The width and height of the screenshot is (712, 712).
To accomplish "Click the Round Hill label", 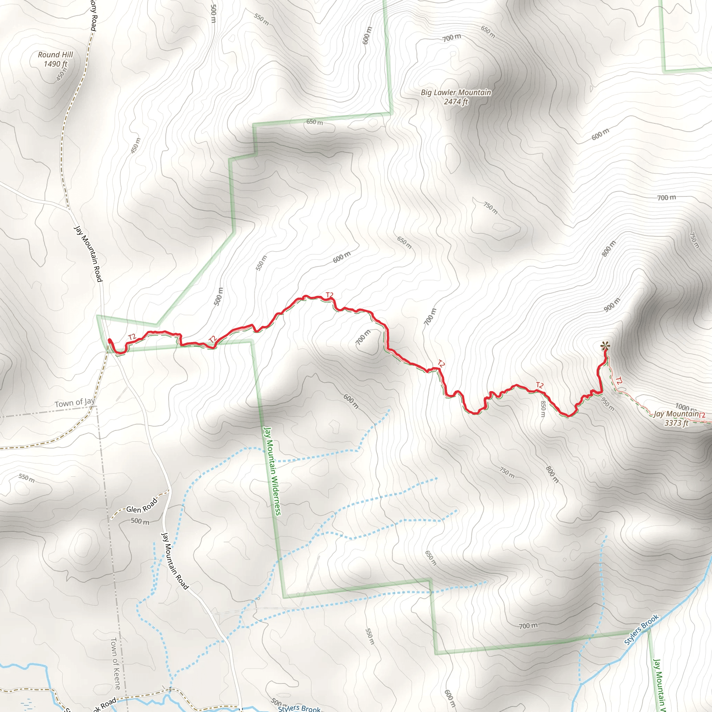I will coord(56,55).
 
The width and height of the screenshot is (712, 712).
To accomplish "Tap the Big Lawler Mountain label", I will coord(456,92).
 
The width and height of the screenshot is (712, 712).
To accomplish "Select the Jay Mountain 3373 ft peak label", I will coord(676,418).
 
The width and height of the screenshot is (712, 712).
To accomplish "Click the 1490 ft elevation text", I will coord(56,64).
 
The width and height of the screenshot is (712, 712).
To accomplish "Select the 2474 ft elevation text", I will coord(456,102).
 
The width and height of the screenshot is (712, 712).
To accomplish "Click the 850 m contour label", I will coord(542,409).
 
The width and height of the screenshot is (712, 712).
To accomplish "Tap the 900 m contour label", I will coord(612,305).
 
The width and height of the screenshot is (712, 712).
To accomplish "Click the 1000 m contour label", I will coord(685,407).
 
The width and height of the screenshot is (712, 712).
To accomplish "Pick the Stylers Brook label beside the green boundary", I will coord(642,630).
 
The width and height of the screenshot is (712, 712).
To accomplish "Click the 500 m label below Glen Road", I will coord(140,521).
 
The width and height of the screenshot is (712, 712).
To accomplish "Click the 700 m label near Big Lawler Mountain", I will coord(452,37).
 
